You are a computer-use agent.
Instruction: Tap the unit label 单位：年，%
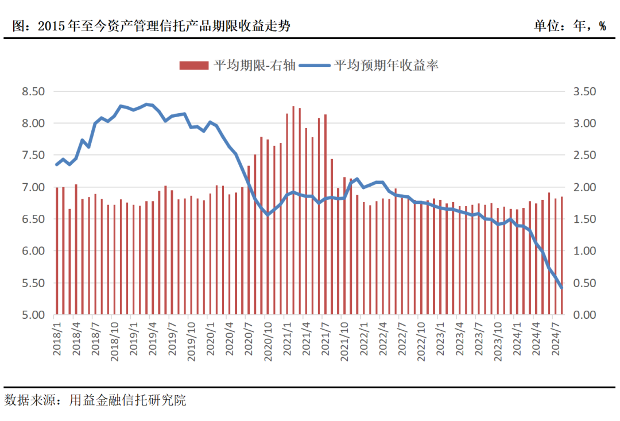click(x=569, y=26)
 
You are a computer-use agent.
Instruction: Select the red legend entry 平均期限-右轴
click(x=238, y=65)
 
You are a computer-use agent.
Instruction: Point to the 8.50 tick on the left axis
click(x=33, y=91)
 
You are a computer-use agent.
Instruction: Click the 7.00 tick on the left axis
click(x=33, y=187)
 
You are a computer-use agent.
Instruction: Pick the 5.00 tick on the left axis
click(x=33, y=315)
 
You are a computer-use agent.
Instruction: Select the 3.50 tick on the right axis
click(x=584, y=91)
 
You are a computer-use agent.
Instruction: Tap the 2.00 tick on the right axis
click(x=584, y=187)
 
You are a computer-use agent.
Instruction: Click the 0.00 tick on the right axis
click(x=584, y=315)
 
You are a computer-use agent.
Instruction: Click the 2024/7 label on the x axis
click(x=555, y=340)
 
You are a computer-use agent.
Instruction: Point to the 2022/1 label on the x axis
click(x=363, y=340)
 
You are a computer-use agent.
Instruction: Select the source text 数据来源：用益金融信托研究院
click(x=95, y=400)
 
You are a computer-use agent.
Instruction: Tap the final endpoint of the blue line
click(x=561, y=288)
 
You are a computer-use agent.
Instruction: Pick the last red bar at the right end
click(x=561, y=256)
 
